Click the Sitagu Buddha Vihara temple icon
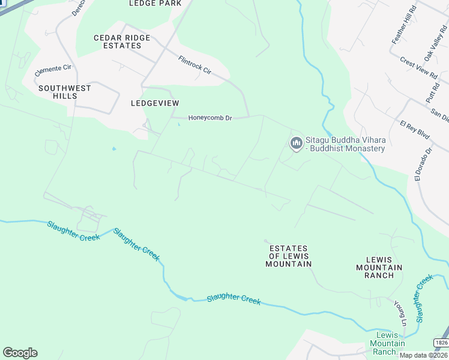(295, 143)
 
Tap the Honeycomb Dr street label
(210, 118)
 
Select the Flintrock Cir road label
(194, 65)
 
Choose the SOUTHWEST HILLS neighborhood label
(65, 92)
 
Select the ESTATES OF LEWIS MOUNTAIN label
(289, 256)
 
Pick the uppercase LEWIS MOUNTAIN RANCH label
(379, 267)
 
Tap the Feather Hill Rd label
(403, 25)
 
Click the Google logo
(20, 353)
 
